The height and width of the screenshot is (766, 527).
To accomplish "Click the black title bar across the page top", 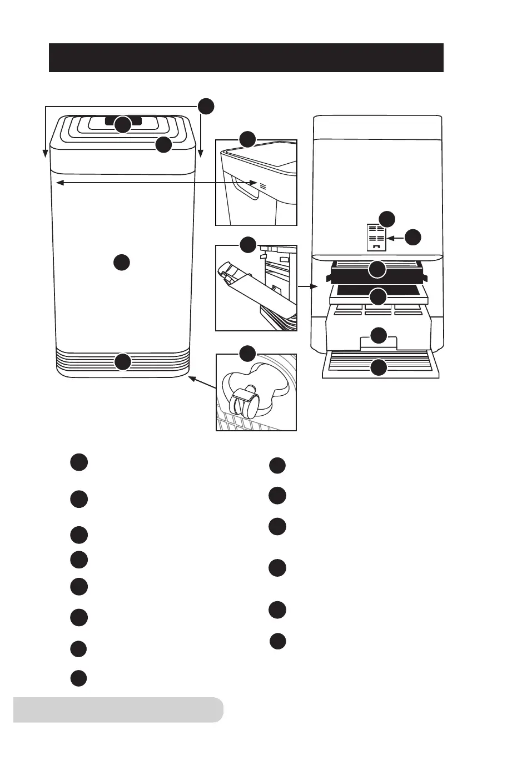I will click(246, 58).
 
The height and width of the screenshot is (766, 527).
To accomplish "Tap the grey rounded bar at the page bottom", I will click(118, 709).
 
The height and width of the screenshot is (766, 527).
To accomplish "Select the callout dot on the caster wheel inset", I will click(247, 353).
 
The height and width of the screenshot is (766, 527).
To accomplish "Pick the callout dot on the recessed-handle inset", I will click(247, 139).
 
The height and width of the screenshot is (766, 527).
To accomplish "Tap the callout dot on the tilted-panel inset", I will click(247, 244).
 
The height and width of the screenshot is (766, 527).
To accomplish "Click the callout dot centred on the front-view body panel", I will click(122, 262).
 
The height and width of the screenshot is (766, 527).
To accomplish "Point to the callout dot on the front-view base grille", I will click(123, 362).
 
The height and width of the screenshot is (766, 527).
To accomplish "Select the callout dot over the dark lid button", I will click(123, 125).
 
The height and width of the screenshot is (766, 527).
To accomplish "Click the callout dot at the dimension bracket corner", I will click(206, 106).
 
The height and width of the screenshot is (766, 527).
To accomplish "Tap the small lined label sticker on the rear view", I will click(376, 237).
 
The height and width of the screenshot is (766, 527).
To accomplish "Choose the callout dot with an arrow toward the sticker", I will click(413, 238).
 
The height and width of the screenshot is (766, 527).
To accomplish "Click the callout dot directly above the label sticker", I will click(387, 218).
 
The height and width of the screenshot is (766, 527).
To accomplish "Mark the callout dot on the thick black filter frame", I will click(378, 270).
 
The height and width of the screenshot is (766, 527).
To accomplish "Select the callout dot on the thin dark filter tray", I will click(378, 296).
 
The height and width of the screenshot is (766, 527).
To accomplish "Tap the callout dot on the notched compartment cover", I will click(379, 335).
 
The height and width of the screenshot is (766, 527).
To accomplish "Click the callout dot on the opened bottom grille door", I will click(379, 367).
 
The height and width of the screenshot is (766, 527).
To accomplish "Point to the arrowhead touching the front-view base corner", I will click(191, 377).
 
